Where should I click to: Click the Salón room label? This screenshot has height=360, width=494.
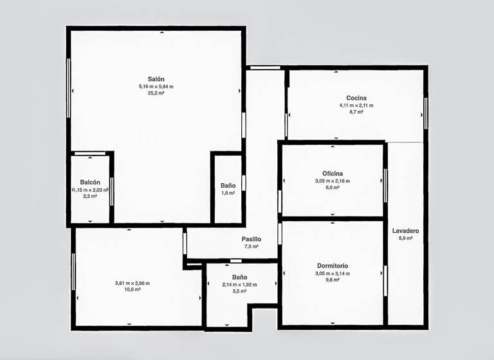click(156, 79)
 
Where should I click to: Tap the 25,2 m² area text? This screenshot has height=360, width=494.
click(156, 93)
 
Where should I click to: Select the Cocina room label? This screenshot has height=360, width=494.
click(356, 98)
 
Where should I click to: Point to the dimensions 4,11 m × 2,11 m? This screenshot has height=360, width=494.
click(356, 105)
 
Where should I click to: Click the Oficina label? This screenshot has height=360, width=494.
click(333, 174)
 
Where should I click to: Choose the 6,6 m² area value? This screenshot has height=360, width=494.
click(333, 188)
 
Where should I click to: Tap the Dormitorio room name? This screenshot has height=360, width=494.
click(333, 266)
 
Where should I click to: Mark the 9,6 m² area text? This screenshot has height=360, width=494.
click(333, 280)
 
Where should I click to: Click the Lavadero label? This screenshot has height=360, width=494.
click(405, 231)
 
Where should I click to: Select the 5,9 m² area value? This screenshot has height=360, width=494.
click(405, 239)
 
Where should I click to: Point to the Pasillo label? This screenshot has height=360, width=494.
click(251, 239)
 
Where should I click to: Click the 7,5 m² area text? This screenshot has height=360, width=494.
click(251, 246)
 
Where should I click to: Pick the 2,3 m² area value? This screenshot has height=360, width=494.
click(90, 197)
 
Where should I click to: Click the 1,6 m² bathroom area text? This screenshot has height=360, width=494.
click(228, 193)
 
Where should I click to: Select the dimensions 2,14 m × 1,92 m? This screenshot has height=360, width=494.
click(239, 285)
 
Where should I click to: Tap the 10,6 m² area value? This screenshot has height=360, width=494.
click(133, 290)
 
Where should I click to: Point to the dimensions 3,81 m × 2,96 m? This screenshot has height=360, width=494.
click(133, 283)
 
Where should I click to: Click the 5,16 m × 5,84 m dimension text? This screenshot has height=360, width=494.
click(156, 87)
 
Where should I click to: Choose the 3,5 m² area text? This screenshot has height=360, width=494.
click(239, 291)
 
